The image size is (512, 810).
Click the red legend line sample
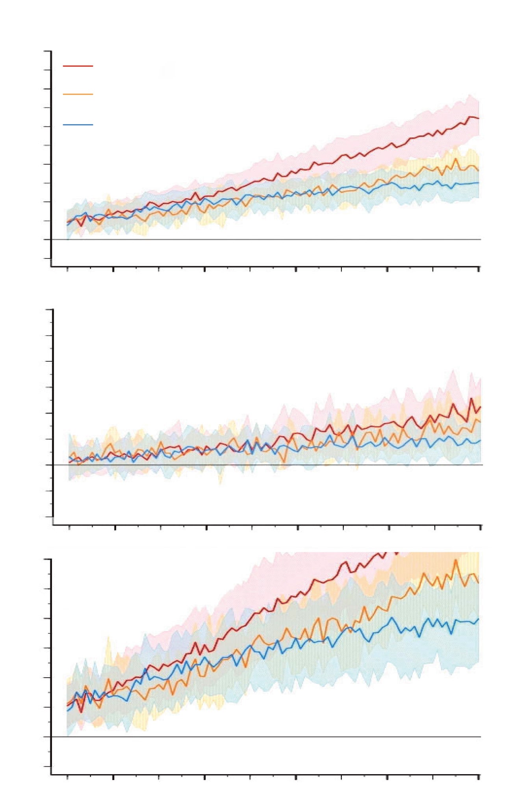point(78,66)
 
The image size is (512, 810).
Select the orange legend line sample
point(78,94)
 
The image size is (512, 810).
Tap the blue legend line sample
point(78,125)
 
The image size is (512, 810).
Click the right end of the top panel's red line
point(478,118)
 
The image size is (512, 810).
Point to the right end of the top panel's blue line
point(479,183)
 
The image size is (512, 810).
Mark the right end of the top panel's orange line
point(478,171)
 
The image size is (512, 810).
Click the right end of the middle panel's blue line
point(480,440)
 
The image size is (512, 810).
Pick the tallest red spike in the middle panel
point(471,398)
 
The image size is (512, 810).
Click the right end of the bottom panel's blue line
point(479,619)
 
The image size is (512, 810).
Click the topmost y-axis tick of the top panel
point(47,51)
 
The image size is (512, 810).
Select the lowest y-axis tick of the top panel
point(47,258)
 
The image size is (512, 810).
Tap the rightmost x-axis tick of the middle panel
point(480,527)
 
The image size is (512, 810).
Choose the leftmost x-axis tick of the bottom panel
point(68,778)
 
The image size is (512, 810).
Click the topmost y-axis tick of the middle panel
point(49,310)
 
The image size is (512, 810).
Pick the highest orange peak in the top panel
point(456,159)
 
